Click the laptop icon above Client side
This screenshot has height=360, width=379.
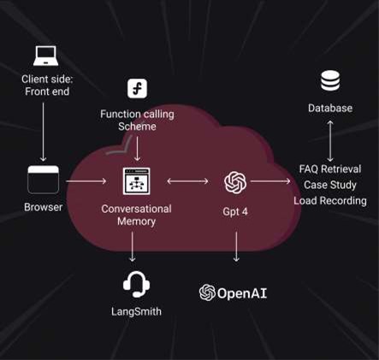point(45,56)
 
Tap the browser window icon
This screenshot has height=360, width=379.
point(43,180)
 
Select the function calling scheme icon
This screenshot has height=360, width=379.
point(137,89)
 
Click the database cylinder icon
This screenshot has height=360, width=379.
point(330,81)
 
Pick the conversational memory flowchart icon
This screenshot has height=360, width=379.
point(136,181)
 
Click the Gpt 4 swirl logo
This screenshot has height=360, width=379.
point(235,182)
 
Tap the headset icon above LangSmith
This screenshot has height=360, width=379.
point(136,284)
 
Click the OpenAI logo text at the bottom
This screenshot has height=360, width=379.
point(233,292)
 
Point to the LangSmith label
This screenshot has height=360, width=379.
point(136,311)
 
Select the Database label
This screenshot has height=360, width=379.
point(330,108)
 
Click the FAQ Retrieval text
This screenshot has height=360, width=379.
point(330,169)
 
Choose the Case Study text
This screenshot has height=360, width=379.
point(330,185)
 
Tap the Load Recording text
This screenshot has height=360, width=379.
point(330,201)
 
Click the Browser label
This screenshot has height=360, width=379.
point(43,207)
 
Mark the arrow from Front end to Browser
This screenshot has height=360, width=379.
point(43,132)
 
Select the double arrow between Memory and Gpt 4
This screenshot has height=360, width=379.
point(187,181)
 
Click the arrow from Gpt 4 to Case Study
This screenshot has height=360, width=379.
point(270,181)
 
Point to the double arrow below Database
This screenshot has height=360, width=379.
point(330,141)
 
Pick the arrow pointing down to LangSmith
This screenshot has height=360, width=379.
point(132,246)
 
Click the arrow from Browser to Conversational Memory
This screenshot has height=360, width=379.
point(86,181)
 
